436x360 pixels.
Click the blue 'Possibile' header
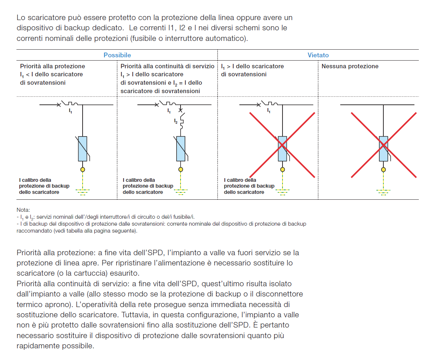(117, 55)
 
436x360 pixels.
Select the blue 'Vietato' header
(318, 55)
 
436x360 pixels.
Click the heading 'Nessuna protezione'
(350, 66)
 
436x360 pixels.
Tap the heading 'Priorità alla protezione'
(53, 66)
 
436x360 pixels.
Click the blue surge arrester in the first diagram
(83, 149)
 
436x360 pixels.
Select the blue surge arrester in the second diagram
(181, 149)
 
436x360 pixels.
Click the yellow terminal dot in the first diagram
(83, 169)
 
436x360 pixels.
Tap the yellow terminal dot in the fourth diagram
(383, 169)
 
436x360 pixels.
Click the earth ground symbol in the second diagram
(181, 191)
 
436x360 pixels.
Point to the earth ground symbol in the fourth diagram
(383, 191)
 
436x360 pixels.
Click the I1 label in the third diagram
(269, 110)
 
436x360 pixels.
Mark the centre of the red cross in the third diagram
(282, 145)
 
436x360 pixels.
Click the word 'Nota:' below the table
(23, 210)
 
